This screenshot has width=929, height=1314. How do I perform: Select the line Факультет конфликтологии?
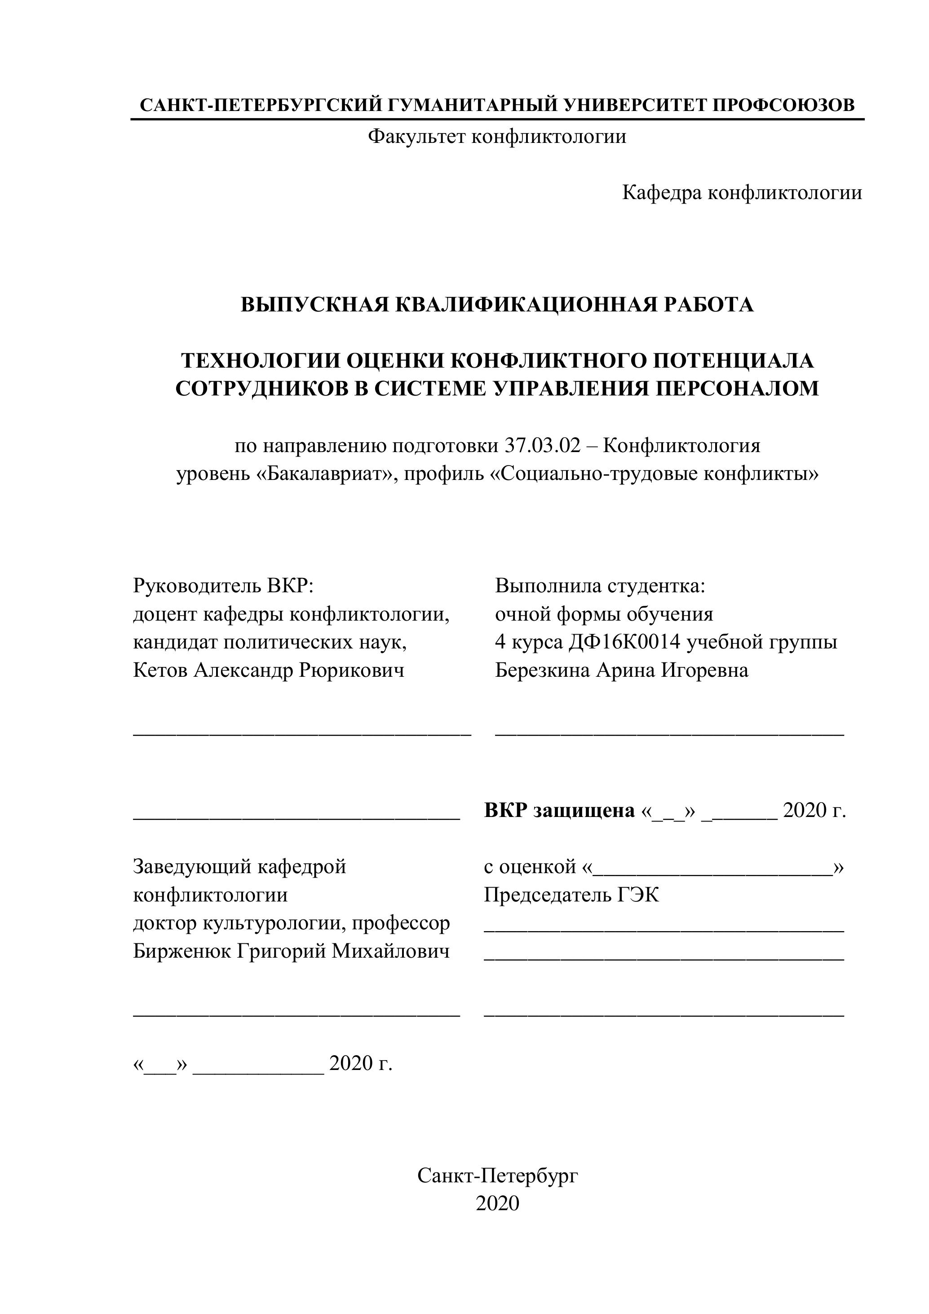[496, 137]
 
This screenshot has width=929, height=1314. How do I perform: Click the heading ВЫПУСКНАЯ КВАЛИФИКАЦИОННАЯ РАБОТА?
[496, 305]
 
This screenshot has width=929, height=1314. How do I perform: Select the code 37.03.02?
[542, 446]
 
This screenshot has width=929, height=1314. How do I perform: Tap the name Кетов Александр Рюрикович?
[268, 670]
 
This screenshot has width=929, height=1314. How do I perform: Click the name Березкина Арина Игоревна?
[621, 670]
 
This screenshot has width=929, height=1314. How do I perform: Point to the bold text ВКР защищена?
[559, 810]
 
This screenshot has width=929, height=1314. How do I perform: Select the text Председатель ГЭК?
[571, 895]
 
